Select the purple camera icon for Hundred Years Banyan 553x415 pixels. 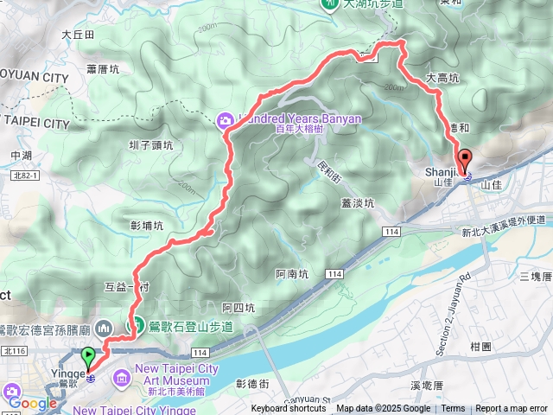coord(224,118)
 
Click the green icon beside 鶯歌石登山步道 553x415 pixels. coord(136,325)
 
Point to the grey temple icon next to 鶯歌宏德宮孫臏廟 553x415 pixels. coord(103,327)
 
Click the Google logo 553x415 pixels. coord(32,403)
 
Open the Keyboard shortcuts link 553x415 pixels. coord(289,409)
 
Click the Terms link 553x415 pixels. coord(453,409)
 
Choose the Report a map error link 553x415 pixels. coord(512,409)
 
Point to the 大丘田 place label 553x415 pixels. coord(78,35)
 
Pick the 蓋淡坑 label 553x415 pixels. coord(357,203)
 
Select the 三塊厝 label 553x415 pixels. coord(536,276)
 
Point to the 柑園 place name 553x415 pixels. coord(480,346)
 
